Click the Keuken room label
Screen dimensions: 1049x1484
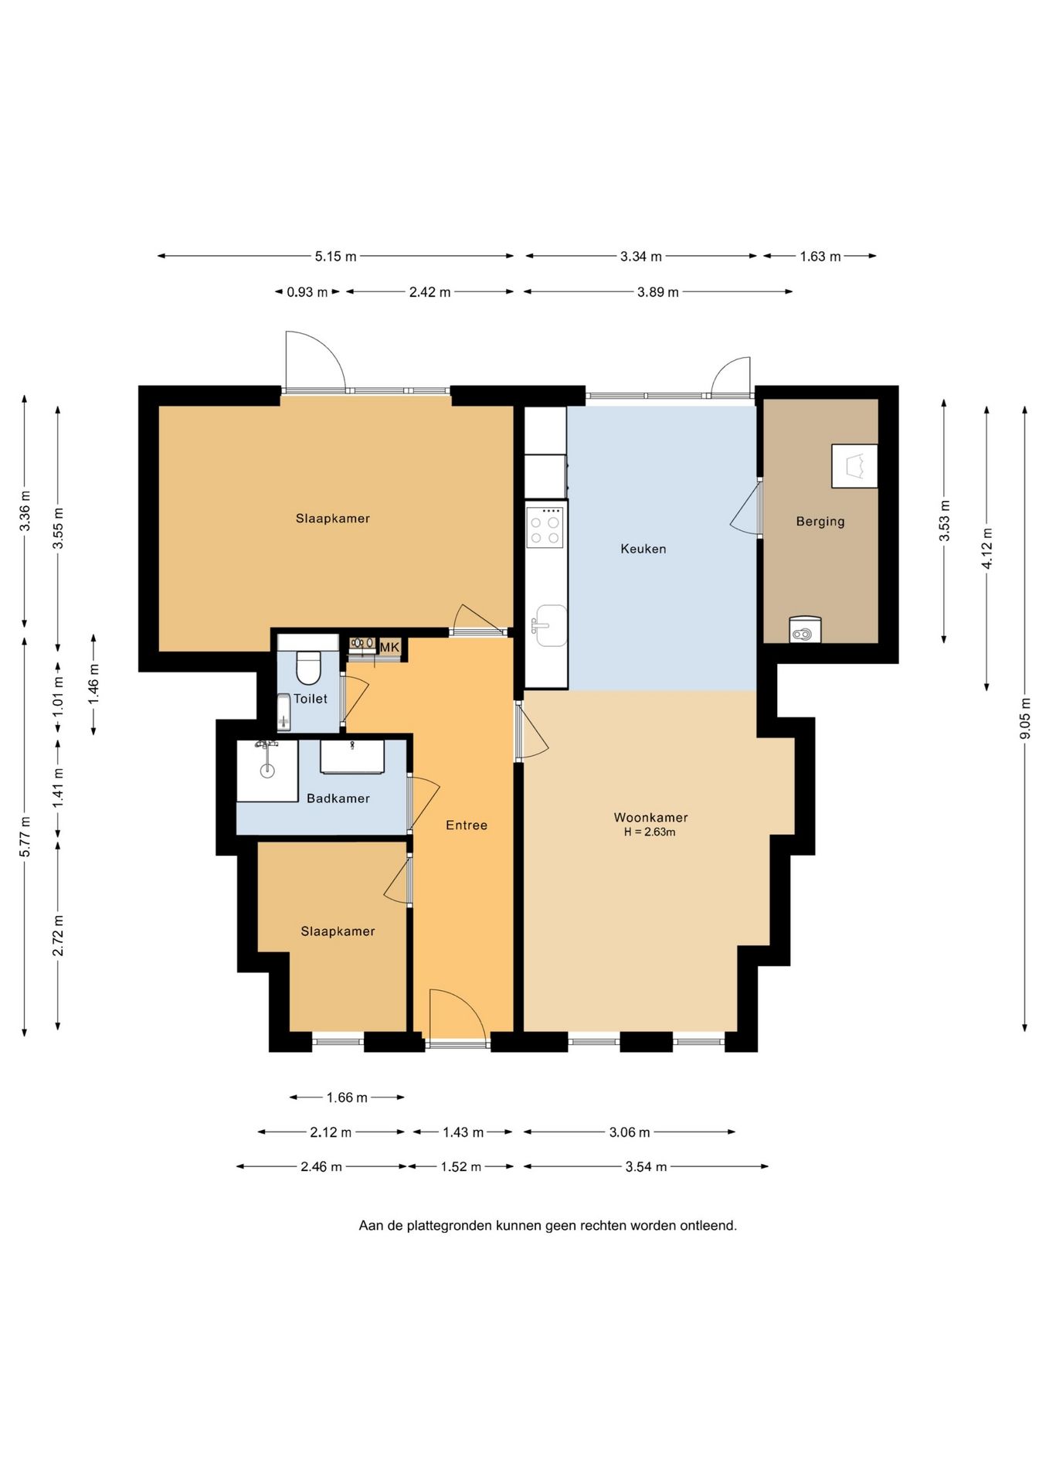coord(643,549)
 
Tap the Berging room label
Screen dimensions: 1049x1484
coord(820,522)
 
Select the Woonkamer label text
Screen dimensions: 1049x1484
coord(650,817)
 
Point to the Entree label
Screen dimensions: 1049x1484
coord(467,825)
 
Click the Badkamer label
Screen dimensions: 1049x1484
coord(338,798)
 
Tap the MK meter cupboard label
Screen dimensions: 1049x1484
coord(389,647)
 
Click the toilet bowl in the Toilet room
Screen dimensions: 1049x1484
coord(308,668)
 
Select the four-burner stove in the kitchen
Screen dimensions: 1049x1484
coord(545,528)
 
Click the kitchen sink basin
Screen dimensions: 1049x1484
coord(551,625)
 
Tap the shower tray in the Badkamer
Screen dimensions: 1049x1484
coord(267,771)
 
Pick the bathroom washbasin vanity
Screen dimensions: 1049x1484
coord(352,757)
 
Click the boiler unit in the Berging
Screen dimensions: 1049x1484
coord(805,630)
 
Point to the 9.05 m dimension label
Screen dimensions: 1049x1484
coord(1025,718)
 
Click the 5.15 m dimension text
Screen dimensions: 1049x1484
coord(335,257)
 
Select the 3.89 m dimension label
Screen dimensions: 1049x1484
coord(658,292)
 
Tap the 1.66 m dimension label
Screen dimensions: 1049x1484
coord(347,1098)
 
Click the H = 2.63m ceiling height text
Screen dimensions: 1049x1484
coord(650,832)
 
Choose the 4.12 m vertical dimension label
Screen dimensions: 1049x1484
coord(986,549)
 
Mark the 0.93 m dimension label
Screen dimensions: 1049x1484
coord(307,292)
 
